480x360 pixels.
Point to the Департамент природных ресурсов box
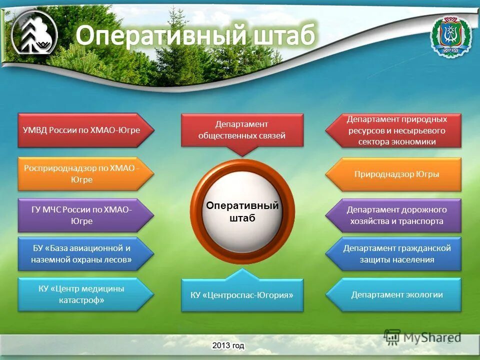click(x=393, y=130)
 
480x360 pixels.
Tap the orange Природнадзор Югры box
click(x=393, y=174)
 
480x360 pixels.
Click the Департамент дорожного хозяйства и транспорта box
click(x=393, y=215)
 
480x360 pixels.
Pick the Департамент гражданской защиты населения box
click(x=393, y=254)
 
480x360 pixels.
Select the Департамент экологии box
click(x=393, y=295)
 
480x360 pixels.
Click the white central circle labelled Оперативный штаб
click(x=242, y=211)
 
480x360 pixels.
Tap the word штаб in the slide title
click(x=284, y=35)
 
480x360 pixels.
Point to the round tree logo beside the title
click(x=34, y=33)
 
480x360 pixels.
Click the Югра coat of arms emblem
click(x=450, y=36)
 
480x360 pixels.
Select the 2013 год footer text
click(x=228, y=345)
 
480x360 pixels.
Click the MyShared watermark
click(x=422, y=337)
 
